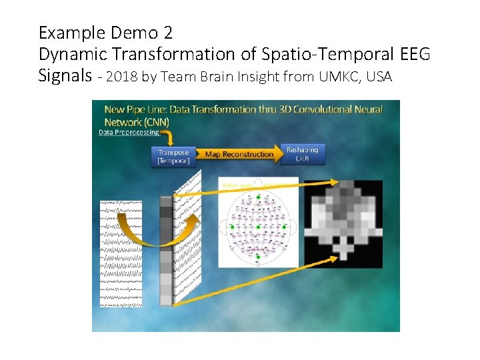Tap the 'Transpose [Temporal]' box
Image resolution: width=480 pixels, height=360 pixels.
(174, 157)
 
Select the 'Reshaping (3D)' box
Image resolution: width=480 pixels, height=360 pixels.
(302, 154)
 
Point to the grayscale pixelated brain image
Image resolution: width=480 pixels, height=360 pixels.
(344, 223)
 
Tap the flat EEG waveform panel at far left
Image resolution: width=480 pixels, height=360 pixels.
(121, 253)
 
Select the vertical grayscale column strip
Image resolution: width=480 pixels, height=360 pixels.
(167, 250)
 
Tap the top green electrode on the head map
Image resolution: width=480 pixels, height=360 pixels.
(258, 197)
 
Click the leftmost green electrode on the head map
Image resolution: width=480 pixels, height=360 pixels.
(232, 227)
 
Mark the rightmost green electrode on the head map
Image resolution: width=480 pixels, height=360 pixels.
(285, 227)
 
